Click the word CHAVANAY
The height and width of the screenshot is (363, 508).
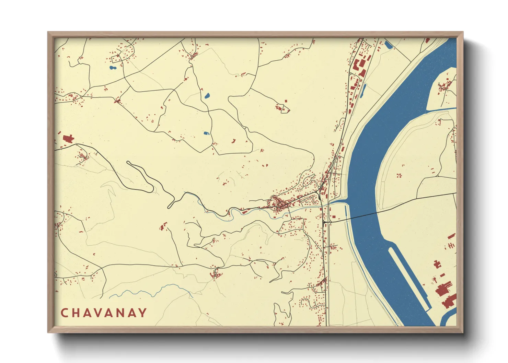tap(104, 313)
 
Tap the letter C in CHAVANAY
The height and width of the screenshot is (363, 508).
tap(64, 313)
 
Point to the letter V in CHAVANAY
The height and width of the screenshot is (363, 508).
tap(98, 313)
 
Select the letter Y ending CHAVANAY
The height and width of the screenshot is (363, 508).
tap(143, 313)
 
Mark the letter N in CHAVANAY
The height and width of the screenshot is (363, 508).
tap(121, 313)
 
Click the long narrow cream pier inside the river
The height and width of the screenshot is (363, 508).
tap(408, 274)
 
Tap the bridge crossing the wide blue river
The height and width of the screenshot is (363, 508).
tap(364, 216)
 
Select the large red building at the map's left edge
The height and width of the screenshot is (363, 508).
tap(68, 139)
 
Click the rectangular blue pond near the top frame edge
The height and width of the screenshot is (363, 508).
tap(389, 45)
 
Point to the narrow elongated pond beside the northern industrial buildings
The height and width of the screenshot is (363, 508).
tap(363, 90)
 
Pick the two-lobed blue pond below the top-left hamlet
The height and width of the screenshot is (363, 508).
tap(112, 68)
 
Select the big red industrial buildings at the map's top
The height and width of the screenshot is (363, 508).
tap(359, 67)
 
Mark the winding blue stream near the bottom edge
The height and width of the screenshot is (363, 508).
tap(151, 292)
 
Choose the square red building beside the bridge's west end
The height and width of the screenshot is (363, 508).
tap(333, 216)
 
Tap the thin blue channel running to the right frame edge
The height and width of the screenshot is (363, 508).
tap(443, 109)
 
